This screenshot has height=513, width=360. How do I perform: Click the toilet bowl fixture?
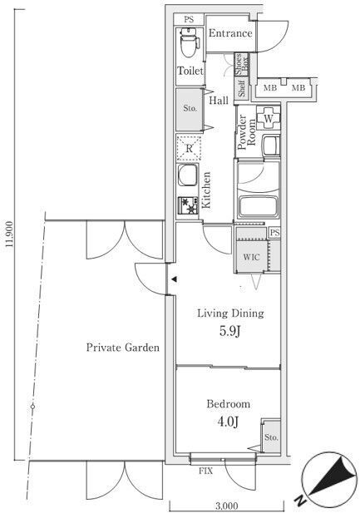(190, 42)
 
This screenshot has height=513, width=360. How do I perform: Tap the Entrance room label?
(230, 33)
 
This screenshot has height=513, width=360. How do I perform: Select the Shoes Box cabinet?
(242, 65)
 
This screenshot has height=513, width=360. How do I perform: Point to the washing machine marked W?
(268, 118)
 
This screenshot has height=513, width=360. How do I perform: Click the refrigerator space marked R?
(190, 149)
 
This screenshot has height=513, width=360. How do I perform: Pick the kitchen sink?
(188, 175)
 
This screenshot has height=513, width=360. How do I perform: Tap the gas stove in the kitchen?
(188, 205)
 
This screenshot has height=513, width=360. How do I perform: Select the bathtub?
(259, 207)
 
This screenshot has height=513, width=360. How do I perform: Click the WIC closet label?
(251, 257)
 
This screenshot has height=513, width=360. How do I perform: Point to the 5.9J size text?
(230, 331)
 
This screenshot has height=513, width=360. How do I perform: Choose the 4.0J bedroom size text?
(228, 422)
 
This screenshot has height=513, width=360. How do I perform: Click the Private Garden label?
(123, 347)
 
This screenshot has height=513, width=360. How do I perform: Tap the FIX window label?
(206, 471)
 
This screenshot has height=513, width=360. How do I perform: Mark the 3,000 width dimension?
(227, 506)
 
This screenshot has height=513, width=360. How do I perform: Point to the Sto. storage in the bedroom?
(271, 437)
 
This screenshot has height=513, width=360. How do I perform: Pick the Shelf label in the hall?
(242, 89)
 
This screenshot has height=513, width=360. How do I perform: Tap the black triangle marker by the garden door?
(175, 279)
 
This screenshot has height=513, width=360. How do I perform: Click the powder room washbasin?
(271, 146)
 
